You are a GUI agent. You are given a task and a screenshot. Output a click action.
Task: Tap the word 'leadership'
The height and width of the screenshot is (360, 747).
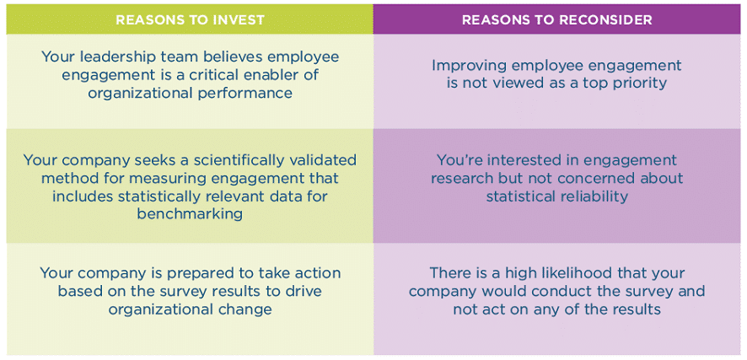pos(117,57)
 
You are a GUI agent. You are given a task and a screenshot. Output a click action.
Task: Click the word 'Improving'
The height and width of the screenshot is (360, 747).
pos(469,66)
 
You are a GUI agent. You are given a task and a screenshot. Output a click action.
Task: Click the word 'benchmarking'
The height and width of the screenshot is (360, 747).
pos(190,214)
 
